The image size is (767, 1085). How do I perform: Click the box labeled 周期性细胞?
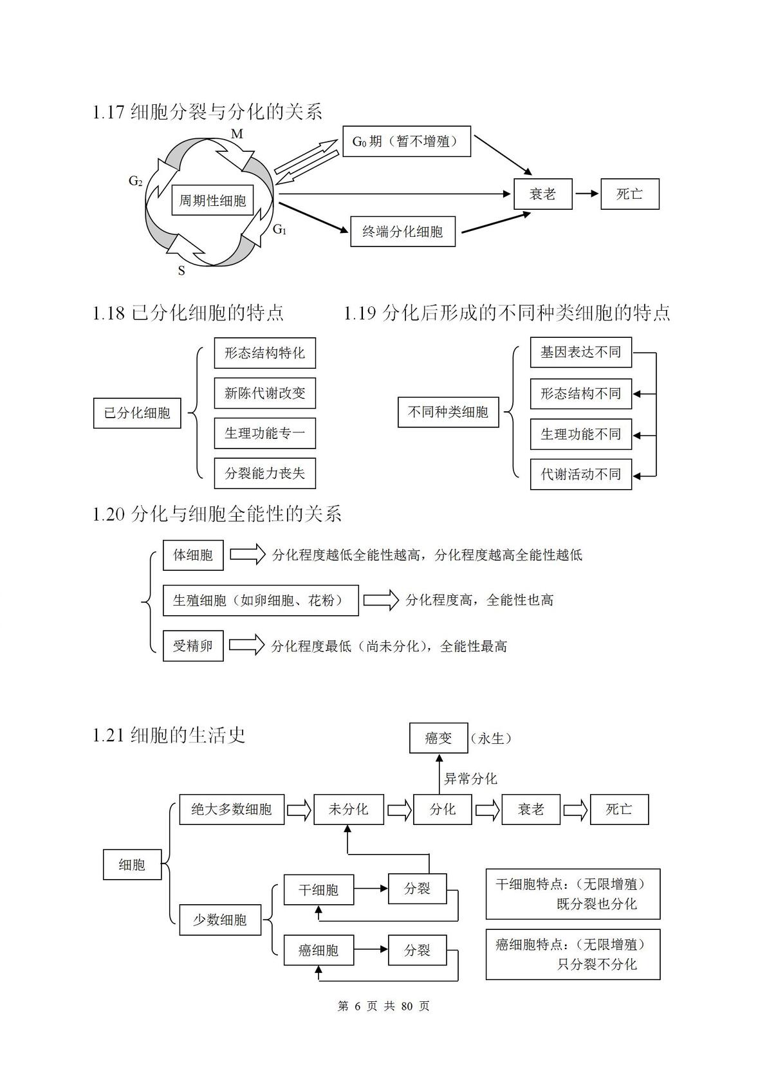click(212, 199)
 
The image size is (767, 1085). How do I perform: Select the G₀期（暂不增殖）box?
click(406, 142)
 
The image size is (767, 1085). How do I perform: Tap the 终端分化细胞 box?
click(402, 232)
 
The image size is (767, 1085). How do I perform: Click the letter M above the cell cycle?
click(237, 134)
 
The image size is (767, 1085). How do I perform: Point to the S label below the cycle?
click(181, 271)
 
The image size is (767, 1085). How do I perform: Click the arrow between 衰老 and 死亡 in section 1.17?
click(586, 194)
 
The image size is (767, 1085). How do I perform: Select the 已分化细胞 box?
click(137, 413)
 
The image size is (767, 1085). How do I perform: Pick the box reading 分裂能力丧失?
click(265, 473)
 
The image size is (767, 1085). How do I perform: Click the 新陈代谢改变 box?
click(265, 393)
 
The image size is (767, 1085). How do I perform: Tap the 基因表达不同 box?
click(580, 352)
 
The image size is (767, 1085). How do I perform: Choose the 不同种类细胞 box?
click(448, 413)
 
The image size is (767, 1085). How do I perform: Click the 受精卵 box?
click(193, 645)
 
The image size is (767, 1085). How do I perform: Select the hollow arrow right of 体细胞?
click(248, 555)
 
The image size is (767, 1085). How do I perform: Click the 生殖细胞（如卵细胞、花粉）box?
click(261, 600)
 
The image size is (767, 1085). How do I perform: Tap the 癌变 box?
click(438, 738)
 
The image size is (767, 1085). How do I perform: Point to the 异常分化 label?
click(470, 779)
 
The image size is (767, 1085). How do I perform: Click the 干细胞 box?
click(318, 889)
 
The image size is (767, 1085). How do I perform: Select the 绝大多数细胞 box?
click(232, 810)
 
